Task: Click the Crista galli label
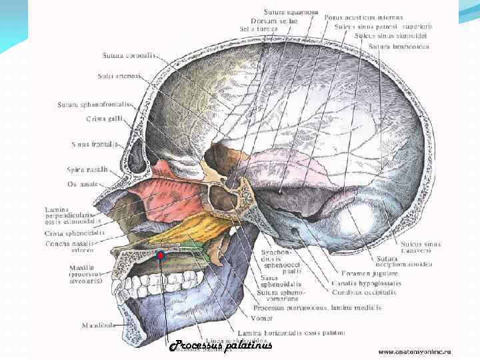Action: click(x=101, y=119)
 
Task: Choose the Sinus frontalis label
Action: click(x=95, y=144)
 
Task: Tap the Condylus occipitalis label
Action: click(x=363, y=292)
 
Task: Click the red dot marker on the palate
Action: click(x=160, y=255)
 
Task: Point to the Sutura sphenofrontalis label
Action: click(x=94, y=105)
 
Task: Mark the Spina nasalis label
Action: click(x=87, y=169)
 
